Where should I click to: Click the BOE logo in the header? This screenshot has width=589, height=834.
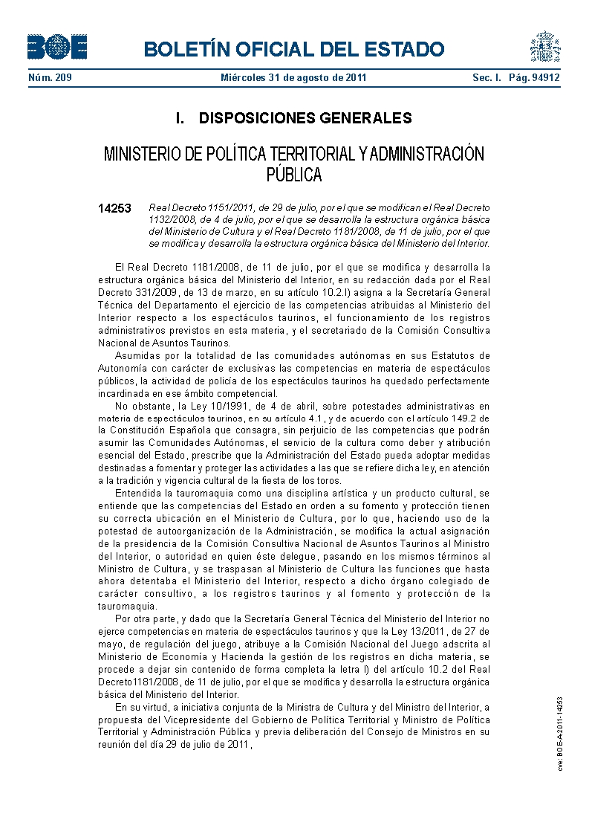pyautogui.click(x=57, y=48)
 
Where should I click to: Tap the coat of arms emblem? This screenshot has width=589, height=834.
pyautogui.click(x=544, y=47)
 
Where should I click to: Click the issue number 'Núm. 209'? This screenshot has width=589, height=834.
pyautogui.click(x=50, y=77)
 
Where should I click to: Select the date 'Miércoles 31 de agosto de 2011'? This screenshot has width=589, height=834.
pyautogui.click(x=293, y=77)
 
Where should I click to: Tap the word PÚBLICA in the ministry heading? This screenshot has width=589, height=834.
pyautogui.click(x=294, y=175)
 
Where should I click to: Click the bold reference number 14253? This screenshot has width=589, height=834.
pyautogui.click(x=114, y=209)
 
